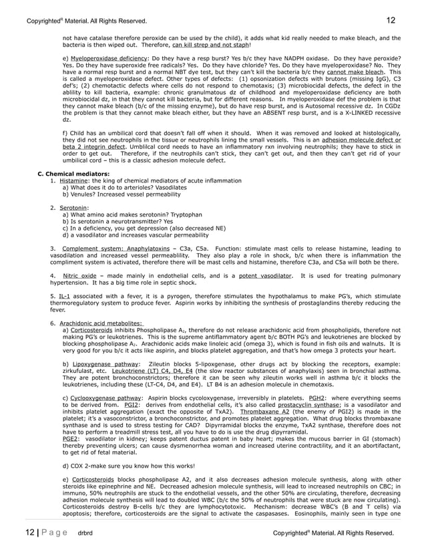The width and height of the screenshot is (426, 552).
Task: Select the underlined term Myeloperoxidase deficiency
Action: tap(109, 59)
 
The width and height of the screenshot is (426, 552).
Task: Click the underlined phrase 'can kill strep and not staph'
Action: tap(210, 45)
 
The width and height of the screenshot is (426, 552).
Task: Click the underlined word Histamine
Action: tap(73, 181)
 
